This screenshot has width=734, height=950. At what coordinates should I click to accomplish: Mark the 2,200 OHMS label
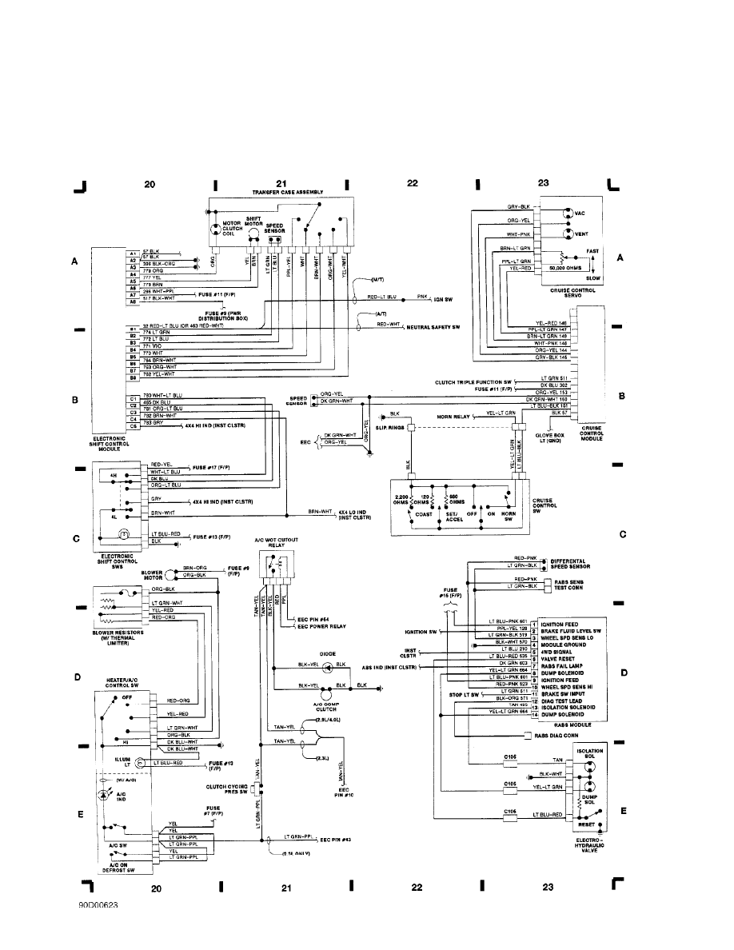[403, 500]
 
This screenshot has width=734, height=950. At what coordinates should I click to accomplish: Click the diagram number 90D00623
[98, 908]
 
